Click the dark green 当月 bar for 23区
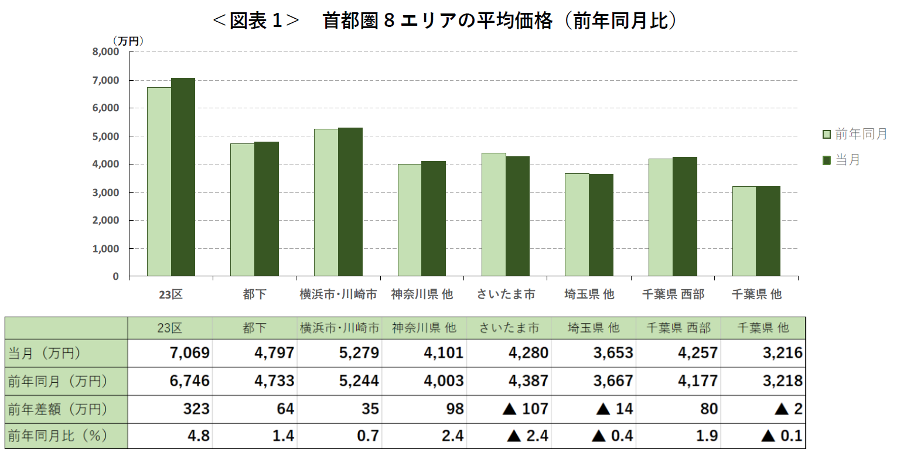click(x=183, y=177)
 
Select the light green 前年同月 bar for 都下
click(x=242, y=210)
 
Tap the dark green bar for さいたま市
click(x=517, y=216)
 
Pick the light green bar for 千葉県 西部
click(x=660, y=217)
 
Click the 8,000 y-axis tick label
click(x=106, y=52)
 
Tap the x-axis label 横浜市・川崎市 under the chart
click(x=338, y=294)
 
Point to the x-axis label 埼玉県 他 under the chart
click(x=589, y=294)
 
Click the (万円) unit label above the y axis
click(x=128, y=40)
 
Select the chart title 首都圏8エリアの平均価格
click(x=445, y=21)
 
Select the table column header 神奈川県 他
click(x=422, y=328)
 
